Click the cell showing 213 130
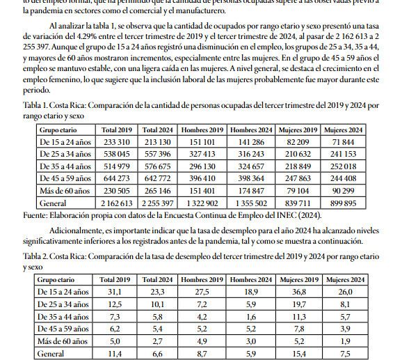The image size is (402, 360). [158, 142]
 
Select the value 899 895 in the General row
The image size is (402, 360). [344, 203]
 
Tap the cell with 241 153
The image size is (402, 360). [344, 154]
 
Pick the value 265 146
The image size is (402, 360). [158, 191]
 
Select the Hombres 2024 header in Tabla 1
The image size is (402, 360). [251, 130]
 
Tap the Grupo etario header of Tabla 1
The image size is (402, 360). [58, 130]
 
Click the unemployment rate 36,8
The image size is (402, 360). [298, 292]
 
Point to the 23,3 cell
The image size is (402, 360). [158, 292]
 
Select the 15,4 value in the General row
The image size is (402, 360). [298, 354]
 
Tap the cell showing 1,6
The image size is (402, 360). [251, 317]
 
